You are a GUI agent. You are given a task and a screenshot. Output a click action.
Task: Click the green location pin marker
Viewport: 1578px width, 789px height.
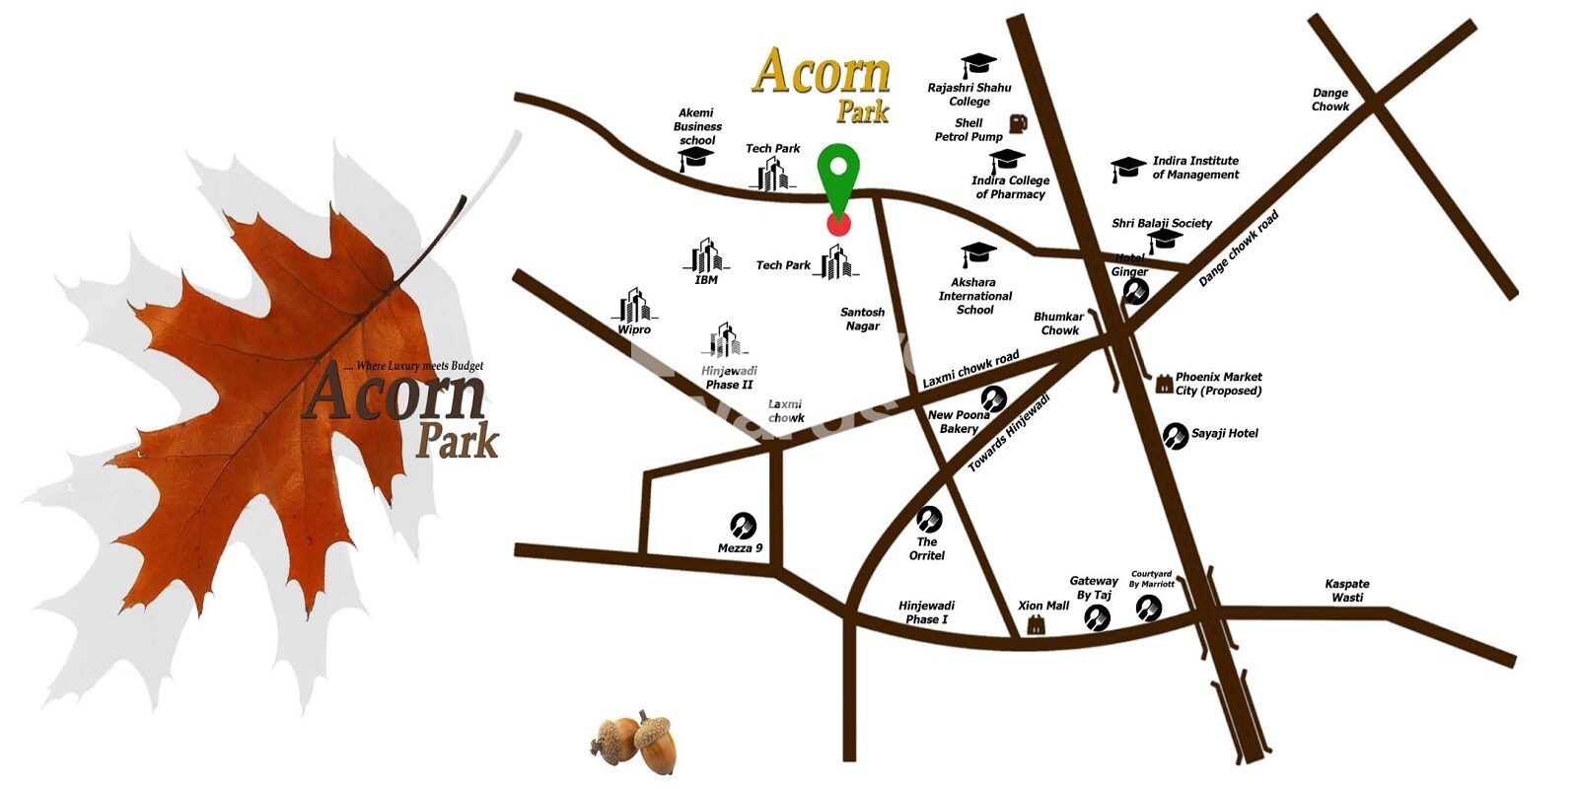[838, 178]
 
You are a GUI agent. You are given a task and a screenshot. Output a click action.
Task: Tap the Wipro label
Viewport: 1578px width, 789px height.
[634, 329]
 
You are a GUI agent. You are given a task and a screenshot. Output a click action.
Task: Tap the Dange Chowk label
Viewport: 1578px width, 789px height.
[1329, 100]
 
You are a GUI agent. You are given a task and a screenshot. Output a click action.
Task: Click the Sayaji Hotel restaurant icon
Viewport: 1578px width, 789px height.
[1175, 435]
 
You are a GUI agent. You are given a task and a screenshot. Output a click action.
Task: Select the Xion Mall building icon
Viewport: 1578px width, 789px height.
[1035, 624]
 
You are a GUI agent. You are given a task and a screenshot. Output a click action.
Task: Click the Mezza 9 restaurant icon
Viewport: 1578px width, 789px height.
[743, 525]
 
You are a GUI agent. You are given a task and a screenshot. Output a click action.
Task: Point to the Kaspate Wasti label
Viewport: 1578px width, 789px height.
[1346, 591]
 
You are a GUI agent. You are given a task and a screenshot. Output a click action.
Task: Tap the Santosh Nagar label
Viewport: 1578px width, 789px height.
[862, 319]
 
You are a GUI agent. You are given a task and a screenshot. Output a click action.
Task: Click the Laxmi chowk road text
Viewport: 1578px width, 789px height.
[970, 369]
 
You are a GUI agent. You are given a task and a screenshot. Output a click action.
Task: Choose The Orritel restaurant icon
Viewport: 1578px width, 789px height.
[928, 518]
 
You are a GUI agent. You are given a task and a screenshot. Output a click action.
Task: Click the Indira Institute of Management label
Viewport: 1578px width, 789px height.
[1195, 168]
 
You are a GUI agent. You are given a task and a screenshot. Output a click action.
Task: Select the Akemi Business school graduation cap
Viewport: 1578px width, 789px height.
[696, 159]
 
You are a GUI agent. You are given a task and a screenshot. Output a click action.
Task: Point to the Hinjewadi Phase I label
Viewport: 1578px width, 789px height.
[926, 612]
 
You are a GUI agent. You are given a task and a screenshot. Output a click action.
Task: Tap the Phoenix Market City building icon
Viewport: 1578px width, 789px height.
[1164, 384]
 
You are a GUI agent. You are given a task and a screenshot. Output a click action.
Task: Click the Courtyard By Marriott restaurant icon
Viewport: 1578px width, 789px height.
[1149, 609]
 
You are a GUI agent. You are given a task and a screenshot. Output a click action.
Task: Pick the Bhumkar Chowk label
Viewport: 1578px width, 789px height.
[1058, 323]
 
